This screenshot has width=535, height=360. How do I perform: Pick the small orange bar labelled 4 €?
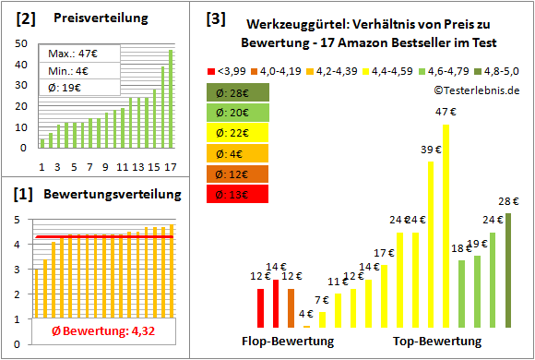[x=306, y=324]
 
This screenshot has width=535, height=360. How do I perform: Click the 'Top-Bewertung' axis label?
[x=437, y=341]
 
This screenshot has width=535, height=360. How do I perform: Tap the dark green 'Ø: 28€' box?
[x=238, y=92]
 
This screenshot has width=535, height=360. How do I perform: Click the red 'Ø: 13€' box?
[x=238, y=194]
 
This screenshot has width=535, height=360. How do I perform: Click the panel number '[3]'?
[x=215, y=18]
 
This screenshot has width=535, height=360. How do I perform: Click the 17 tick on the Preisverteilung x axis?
[x=170, y=166]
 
